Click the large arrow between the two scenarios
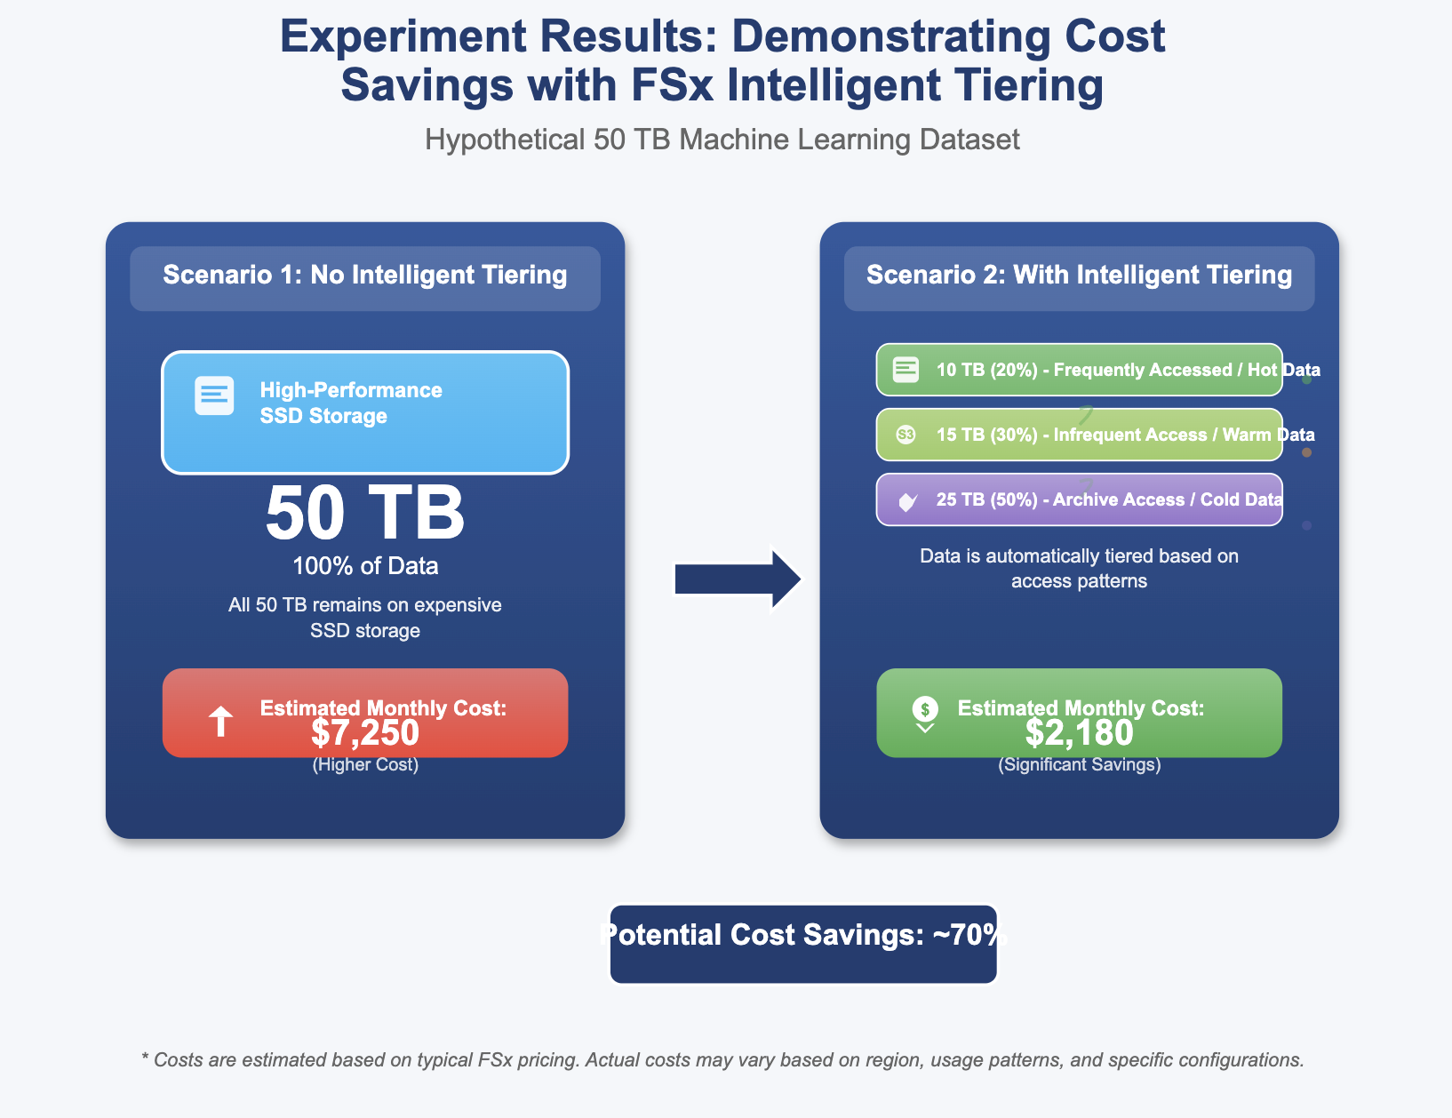click(x=738, y=579)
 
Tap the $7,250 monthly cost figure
click(x=365, y=734)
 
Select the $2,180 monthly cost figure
click(x=1079, y=734)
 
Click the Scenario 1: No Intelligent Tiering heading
click(x=365, y=276)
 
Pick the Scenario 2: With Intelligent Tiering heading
click(x=1079, y=276)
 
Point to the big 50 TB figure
click(x=365, y=514)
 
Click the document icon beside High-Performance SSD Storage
click(x=214, y=395)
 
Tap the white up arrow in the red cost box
click(x=220, y=722)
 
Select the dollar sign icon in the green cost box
click(x=925, y=709)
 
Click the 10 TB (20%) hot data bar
click(x=1079, y=370)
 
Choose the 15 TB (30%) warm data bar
click(x=1079, y=435)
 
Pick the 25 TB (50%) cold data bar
click(x=1079, y=499)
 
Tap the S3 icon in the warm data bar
click(x=906, y=435)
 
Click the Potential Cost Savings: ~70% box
click(x=803, y=944)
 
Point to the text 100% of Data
click(x=365, y=566)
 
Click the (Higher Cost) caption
click(x=365, y=765)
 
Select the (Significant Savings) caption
click(x=1079, y=765)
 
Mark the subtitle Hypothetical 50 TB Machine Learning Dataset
click(x=722, y=140)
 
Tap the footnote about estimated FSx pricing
click(x=722, y=1060)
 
